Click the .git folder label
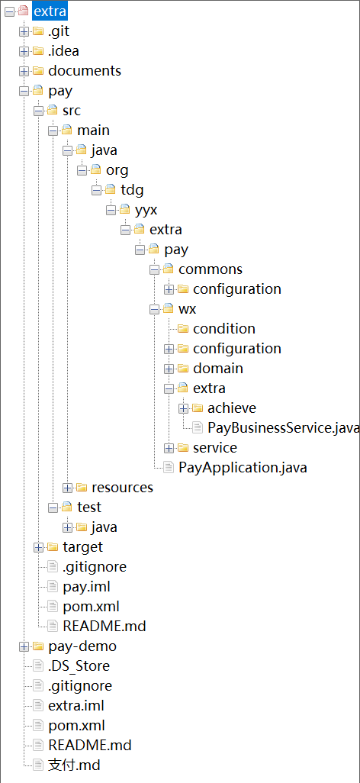59,31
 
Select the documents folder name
85,71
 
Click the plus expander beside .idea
24,51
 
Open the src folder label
72,111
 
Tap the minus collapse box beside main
53,130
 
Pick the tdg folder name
132,190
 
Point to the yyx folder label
146,210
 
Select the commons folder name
211,269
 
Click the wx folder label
187,310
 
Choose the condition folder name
224,329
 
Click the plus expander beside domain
169,369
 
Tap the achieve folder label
232,408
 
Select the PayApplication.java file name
243,468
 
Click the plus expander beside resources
67,488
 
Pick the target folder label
83,547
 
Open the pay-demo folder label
82,646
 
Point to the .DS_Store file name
79,666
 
